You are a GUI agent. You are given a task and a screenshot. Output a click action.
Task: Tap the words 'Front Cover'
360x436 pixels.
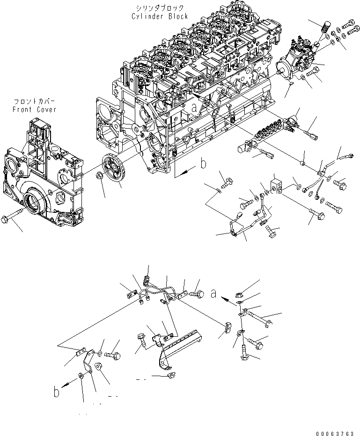(35, 109)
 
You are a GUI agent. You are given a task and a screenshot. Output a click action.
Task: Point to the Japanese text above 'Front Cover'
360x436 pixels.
(35, 102)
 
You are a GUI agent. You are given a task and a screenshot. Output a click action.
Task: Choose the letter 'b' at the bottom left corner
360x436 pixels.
(57, 392)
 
